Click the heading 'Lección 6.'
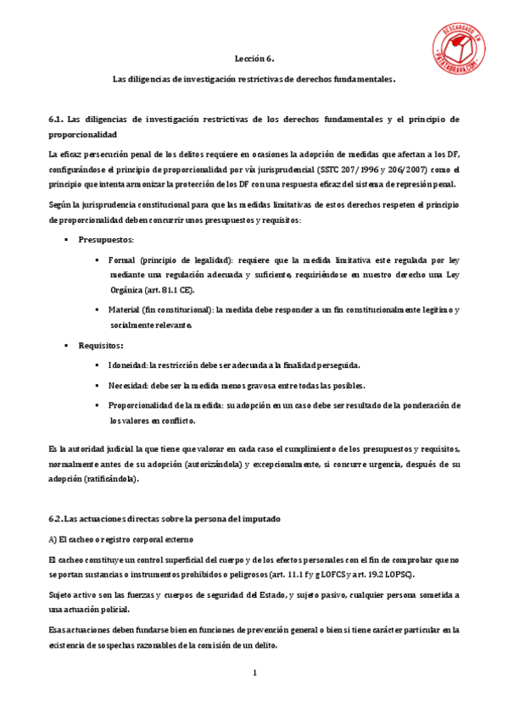254,59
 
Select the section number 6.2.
57,518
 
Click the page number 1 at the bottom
254,673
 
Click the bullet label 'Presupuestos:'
107,240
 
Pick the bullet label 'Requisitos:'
102,345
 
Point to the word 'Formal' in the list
123,259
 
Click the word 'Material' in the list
126,309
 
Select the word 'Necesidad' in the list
129,385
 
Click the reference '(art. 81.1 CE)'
167,290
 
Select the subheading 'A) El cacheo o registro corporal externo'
121,538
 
